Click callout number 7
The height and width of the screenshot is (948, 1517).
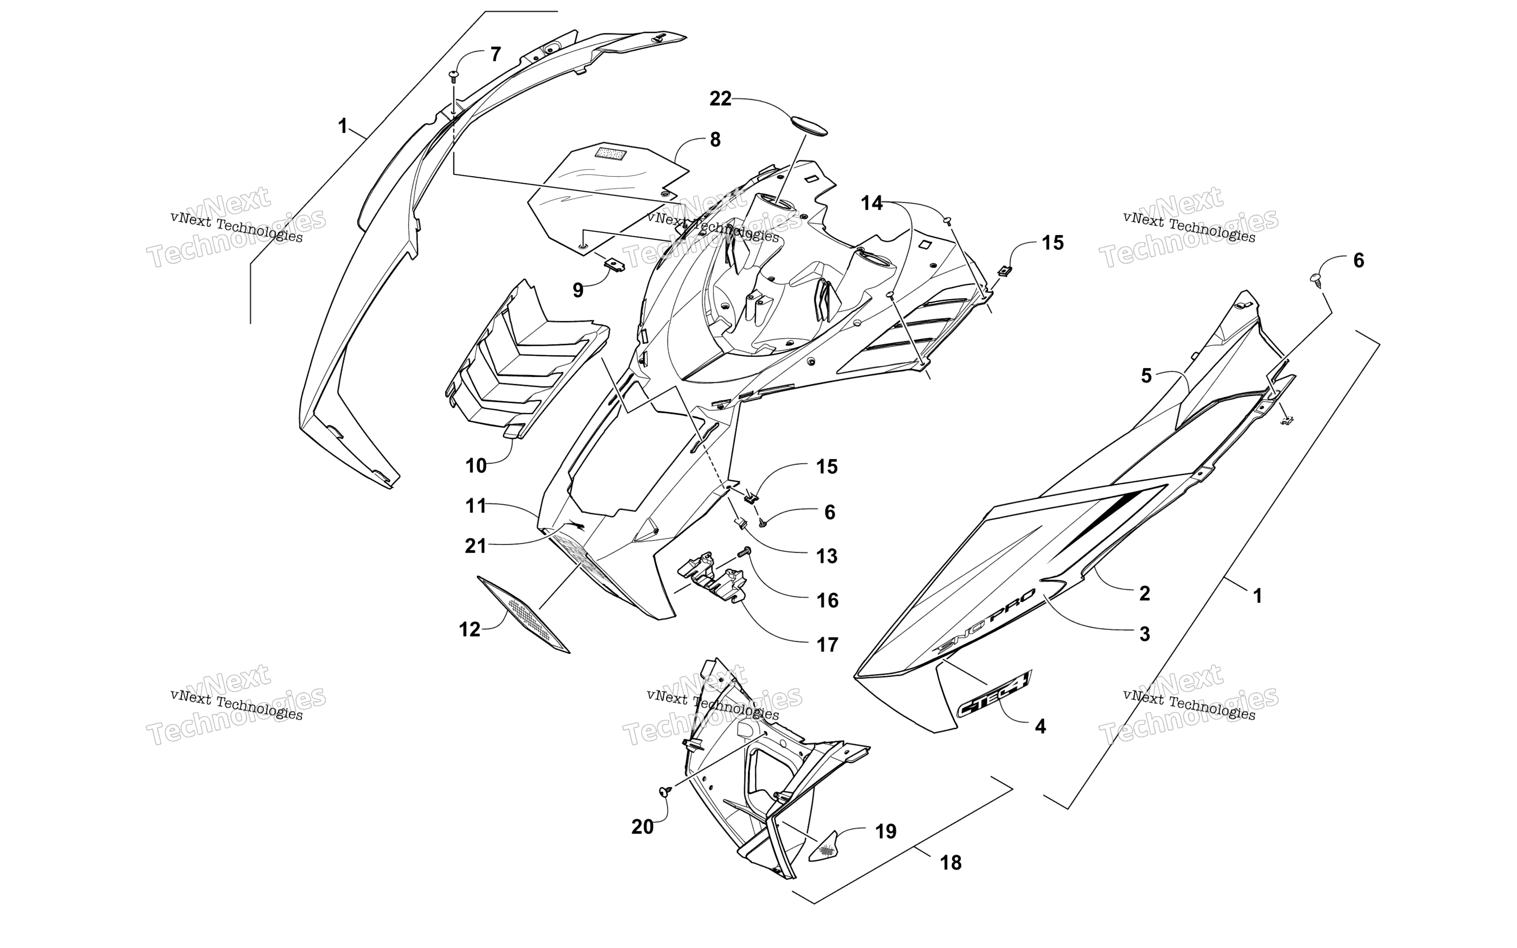click(495, 55)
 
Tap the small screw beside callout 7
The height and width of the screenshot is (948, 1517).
click(453, 76)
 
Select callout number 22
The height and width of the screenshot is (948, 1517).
click(720, 99)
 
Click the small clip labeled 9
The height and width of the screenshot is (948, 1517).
click(614, 263)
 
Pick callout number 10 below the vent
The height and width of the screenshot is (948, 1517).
click(476, 466)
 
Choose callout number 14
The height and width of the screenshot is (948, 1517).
click(871, 203)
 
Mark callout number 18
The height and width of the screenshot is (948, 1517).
click(950, 863)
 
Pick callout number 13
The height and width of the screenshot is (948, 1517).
click(827, 556)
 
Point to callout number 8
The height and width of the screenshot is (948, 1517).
click(715, 140)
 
